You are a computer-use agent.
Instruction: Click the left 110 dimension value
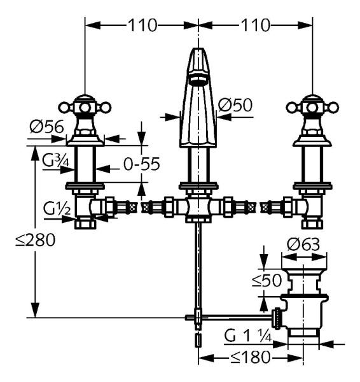coord(141,26)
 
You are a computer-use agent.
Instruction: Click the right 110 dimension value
coord(255,26)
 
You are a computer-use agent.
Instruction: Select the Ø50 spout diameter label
coord(235,104)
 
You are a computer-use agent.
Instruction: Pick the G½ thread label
coord(55,208)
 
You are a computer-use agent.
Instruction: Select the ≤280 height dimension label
coord(35,240)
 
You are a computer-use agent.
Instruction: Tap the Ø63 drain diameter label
coord(303,243)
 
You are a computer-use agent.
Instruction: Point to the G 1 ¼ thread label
coord(250,336)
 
